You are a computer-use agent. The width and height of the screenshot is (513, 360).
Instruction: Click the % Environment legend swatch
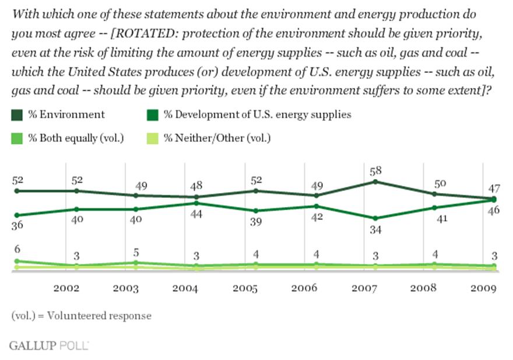tap(16, 115)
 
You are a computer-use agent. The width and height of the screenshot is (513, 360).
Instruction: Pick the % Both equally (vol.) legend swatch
tap(16, 138)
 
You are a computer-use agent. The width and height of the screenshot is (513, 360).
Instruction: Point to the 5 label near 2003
tap(135, 252)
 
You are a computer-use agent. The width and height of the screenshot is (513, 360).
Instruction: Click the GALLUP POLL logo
tap(48, 345)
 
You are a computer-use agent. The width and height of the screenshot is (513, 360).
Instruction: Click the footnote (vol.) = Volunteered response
tap(81, 316)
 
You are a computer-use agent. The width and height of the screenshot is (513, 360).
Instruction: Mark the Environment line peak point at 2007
tap(375, 181)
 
